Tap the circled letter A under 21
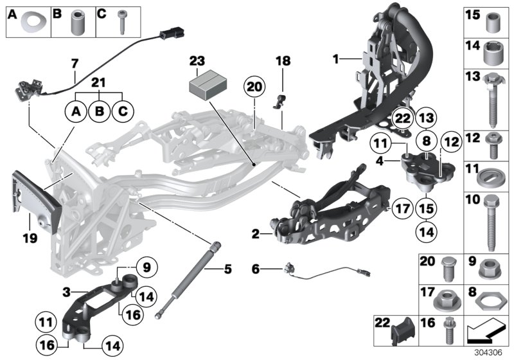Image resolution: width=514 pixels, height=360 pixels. (76, 112)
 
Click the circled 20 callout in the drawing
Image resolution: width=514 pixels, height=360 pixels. (254, 87)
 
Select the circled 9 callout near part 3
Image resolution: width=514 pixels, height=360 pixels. (146, 266)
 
